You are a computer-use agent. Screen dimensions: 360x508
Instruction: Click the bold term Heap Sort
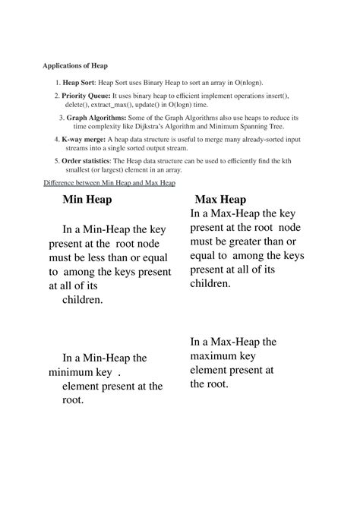[81, 82]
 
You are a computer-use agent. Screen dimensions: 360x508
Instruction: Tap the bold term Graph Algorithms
[96, 118]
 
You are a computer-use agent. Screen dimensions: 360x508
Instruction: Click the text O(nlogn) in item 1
[240, 82]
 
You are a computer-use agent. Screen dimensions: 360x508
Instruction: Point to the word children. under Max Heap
[211, 282]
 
